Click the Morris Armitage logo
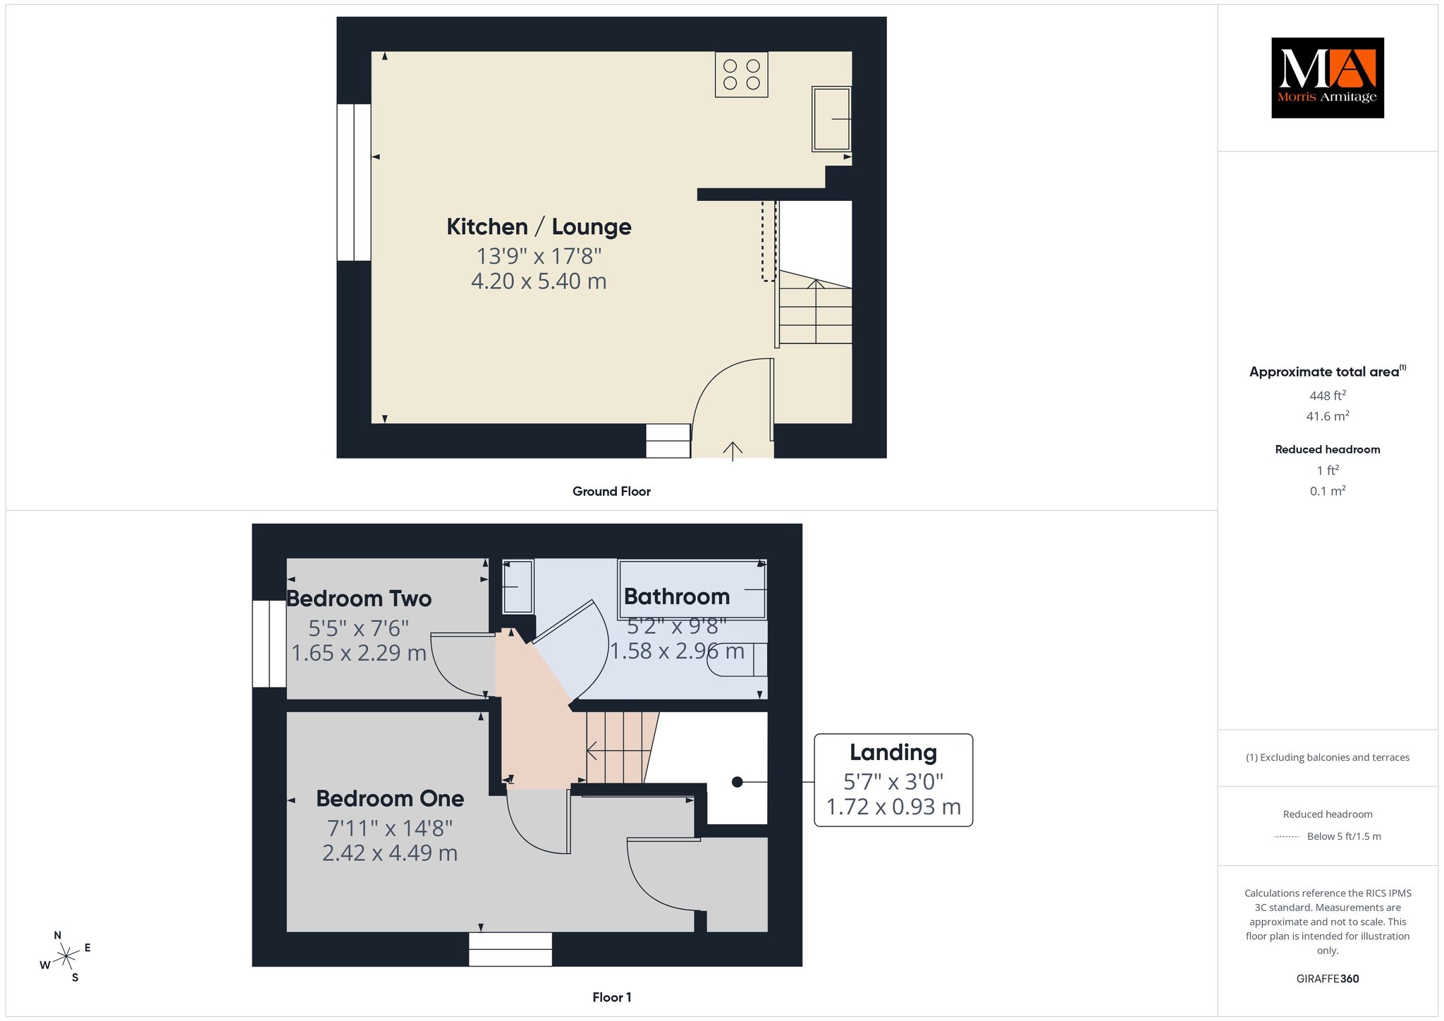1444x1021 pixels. (x=1327, y=78)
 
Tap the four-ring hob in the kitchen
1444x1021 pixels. (x=741, y=74)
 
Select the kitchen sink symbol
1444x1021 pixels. (x=831, y=118)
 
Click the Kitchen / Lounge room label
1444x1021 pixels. (x=539, y=226)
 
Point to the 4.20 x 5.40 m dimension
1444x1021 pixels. (x=539, y=281)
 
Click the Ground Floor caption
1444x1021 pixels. (x=611, y=491)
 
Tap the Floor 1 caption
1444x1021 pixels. (x=611, y=997)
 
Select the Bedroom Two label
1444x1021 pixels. (x=359, y=599)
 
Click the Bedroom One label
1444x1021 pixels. (x=390, y=798)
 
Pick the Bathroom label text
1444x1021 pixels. (x=677, y=597)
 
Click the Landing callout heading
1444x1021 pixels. (x=893, y=752)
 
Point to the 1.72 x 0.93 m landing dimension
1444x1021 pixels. (x=893, y=807)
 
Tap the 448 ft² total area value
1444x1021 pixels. (x=1328, y=396)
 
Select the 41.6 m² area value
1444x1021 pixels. (x=1328, y=416)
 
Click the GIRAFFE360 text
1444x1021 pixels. (x=1328, y=979)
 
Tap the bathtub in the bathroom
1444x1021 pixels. (x=692, y=589)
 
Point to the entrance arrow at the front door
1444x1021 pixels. (x=733, y=451)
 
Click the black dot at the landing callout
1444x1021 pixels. (x=737, y=782)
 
